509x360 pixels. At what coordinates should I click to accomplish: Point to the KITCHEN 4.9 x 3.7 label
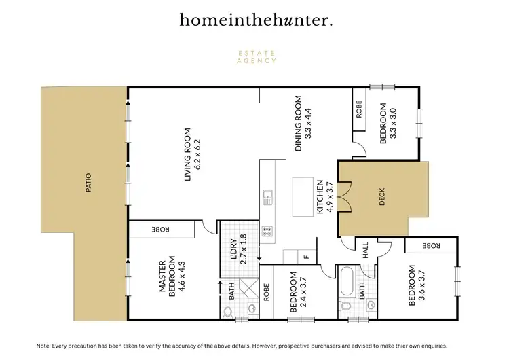point(324,197)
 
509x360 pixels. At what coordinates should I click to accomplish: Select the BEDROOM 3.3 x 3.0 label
point(386,122)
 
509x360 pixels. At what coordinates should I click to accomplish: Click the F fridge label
point(306,257)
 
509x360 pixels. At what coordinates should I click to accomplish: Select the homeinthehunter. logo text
point(256,20)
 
